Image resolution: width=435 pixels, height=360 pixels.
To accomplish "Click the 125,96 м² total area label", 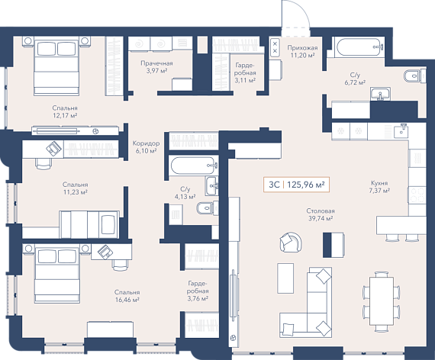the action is [x=306, y=185].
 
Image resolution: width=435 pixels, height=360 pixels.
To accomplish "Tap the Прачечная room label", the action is [x=156, y=63].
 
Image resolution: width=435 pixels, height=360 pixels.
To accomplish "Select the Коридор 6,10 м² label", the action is [x=146, y=147].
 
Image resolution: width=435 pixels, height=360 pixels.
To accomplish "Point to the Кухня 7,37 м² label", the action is [x=379, y=187].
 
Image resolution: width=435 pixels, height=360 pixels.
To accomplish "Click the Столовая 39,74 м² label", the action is [x=321, y=214].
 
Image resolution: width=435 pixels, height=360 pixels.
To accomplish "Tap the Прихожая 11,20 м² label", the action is [x=302, y=52].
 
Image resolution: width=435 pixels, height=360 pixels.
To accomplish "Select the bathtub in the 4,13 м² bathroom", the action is [x=194, y=166].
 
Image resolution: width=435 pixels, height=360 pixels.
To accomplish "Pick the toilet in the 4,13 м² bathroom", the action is [x=208, y=207].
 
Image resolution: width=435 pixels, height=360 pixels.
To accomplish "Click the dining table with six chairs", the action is [x=382, y=302].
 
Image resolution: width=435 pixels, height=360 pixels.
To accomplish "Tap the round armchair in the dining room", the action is [x=291, y=242].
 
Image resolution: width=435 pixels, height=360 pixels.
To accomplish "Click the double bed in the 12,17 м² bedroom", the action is [x=56, y=66].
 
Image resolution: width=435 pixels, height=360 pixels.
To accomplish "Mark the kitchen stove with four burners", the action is [x=417, y=195].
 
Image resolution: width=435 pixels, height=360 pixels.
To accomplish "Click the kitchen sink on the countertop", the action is [x=401, y=130].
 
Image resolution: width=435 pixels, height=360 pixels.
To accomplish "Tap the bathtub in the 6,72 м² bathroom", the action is [x=359, y=47].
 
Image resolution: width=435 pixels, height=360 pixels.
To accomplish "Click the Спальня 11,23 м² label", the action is [x=76, y=188].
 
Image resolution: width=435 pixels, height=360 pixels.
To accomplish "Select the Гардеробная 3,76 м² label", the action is [x=198, y=291].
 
